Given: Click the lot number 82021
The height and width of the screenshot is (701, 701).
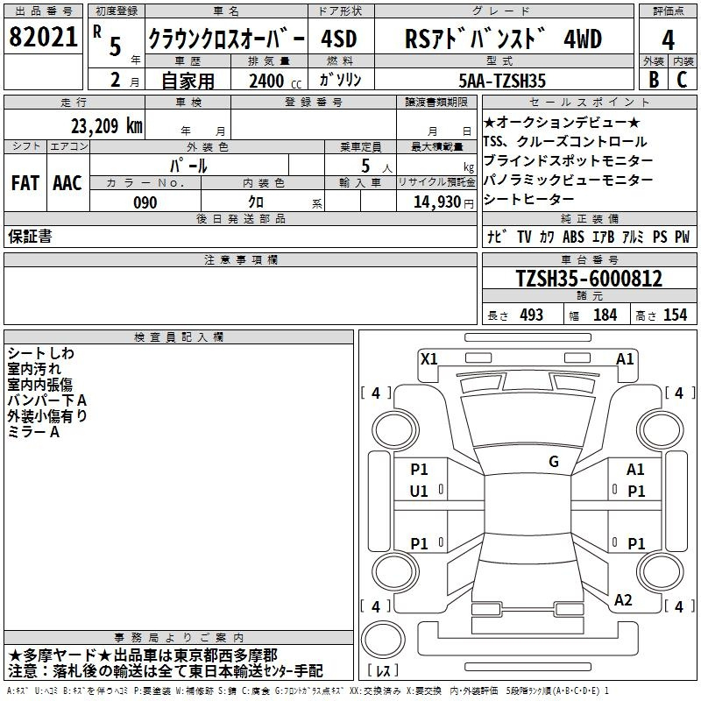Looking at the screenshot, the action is (43, 37).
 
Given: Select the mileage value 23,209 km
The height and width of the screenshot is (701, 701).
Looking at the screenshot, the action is (107, 126).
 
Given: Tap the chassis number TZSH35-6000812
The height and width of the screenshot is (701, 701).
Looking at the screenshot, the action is (589, 279).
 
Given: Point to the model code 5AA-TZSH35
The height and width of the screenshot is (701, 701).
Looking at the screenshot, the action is (502, 81).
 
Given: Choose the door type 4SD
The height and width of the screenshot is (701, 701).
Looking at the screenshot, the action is (339, 39).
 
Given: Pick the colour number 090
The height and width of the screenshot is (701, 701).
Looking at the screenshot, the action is (145, 202).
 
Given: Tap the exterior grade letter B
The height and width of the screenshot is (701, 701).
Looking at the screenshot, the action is (654, 80).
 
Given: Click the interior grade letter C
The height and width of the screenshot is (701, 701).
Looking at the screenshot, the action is (682, 80).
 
